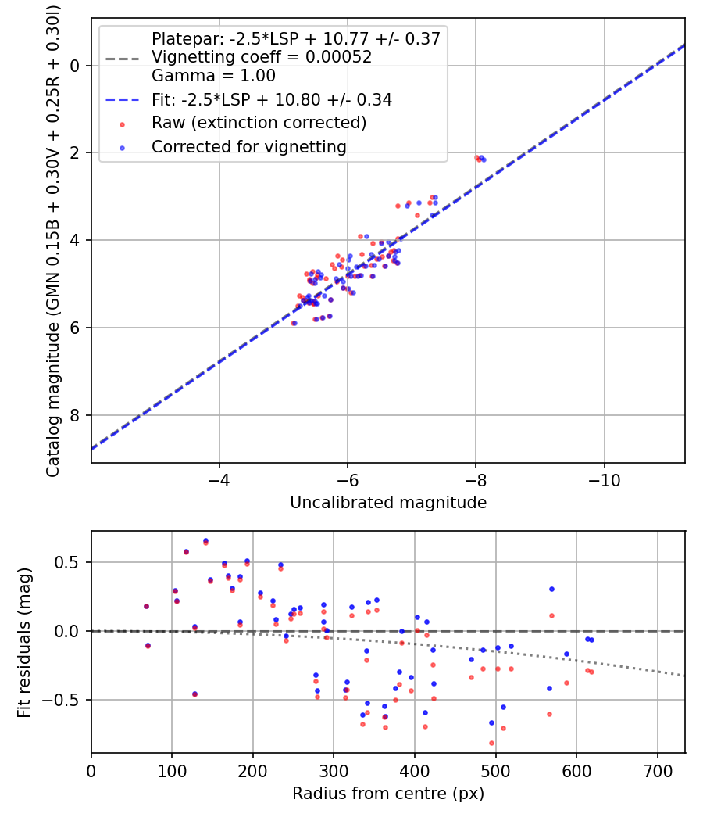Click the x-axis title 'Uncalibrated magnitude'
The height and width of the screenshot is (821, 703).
tap(388, 503)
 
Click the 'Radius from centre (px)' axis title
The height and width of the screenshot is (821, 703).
tap(388, 794)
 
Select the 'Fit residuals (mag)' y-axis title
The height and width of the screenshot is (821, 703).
tap(24, 642)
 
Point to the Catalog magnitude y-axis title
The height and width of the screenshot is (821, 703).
tap(52, 238)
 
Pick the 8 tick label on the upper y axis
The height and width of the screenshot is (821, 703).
tap(76, 415)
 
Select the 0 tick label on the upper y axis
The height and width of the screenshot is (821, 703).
tap(76, 66)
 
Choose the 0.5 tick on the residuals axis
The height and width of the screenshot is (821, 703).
tap(70, 562)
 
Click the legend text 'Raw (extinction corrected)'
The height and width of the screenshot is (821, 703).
tap(259, 123)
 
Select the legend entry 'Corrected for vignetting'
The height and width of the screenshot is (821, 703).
tap(249, 146)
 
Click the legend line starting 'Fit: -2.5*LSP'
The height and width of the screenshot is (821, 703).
tap(272, 99)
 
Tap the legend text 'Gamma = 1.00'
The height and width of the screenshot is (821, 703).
tap(213, 76)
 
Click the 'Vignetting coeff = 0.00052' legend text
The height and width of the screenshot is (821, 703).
tap(262, 57)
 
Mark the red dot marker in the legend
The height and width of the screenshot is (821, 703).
tap(121, 124)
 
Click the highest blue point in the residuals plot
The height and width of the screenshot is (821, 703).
tap(205, 540)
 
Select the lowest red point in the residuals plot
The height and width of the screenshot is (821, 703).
tap(491, 743)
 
